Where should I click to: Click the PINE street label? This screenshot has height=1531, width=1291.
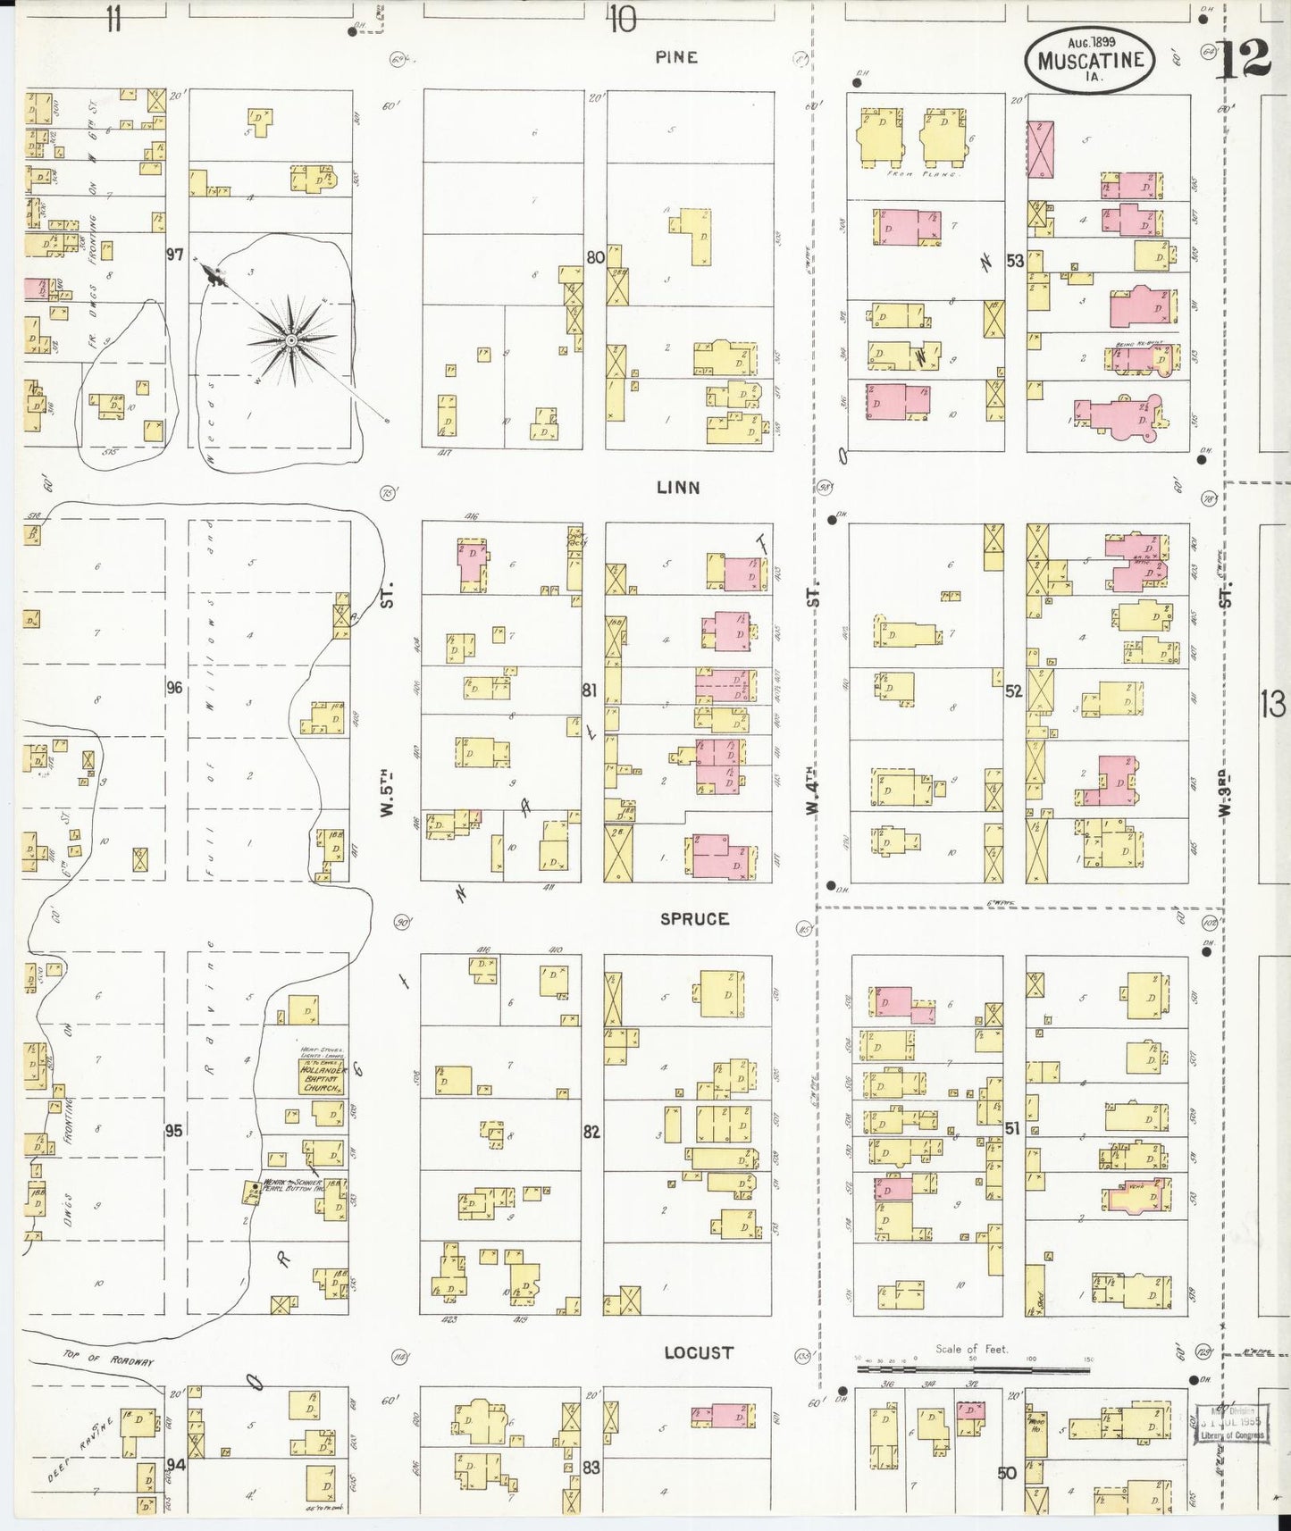coord(675,57)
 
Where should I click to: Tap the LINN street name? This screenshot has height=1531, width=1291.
coord(678,488)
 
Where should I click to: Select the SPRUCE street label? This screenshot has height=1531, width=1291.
coord(694,919)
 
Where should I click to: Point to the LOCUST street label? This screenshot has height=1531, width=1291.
coord(698,1352)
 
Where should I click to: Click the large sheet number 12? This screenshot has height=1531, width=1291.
coord(1243,61)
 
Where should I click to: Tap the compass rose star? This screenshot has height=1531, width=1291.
coord(291,340)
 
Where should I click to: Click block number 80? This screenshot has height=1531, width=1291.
coord(595,257)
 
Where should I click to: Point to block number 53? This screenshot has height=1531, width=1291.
coord(1014,262)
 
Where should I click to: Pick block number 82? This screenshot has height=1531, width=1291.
coord(591,1132)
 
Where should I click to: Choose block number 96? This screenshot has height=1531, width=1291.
coord(174,688)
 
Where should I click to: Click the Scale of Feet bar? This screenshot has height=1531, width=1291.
coord(974,1368)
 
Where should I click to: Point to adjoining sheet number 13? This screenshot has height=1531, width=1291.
coord(1273,706)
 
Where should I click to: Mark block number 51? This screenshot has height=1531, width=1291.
coord(1011,1129)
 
